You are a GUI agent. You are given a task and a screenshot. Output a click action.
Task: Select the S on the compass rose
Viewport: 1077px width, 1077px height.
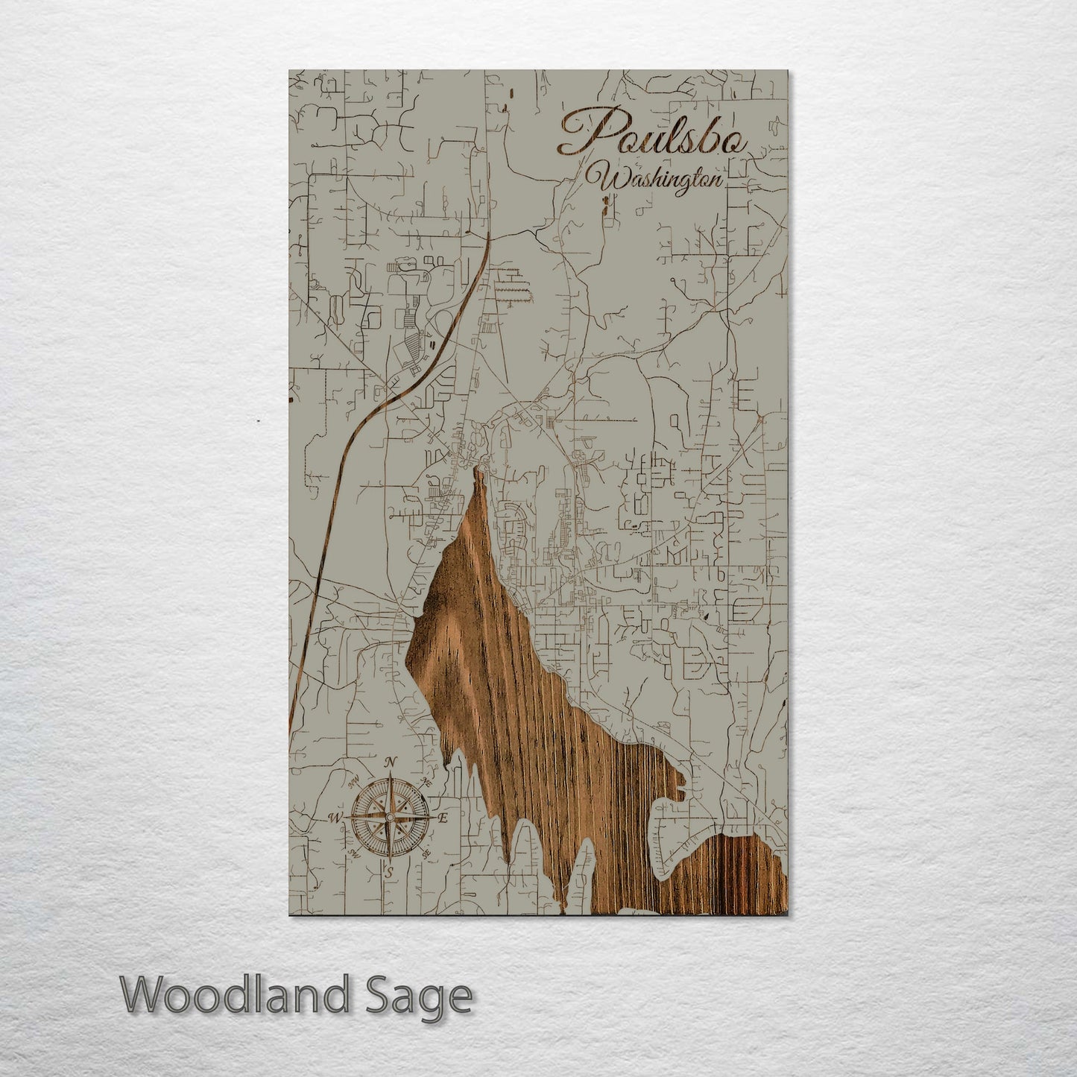[x=388, y=870]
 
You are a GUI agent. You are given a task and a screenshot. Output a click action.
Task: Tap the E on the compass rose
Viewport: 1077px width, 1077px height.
[x=441, y=818]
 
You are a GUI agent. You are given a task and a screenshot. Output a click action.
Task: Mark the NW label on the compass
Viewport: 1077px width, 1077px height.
[x=353, y=783]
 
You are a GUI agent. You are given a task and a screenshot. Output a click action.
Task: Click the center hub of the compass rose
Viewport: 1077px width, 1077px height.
[x=389, y=818]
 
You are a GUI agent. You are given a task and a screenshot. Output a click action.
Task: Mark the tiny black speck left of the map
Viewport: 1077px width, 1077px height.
[x=257, y=422]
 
